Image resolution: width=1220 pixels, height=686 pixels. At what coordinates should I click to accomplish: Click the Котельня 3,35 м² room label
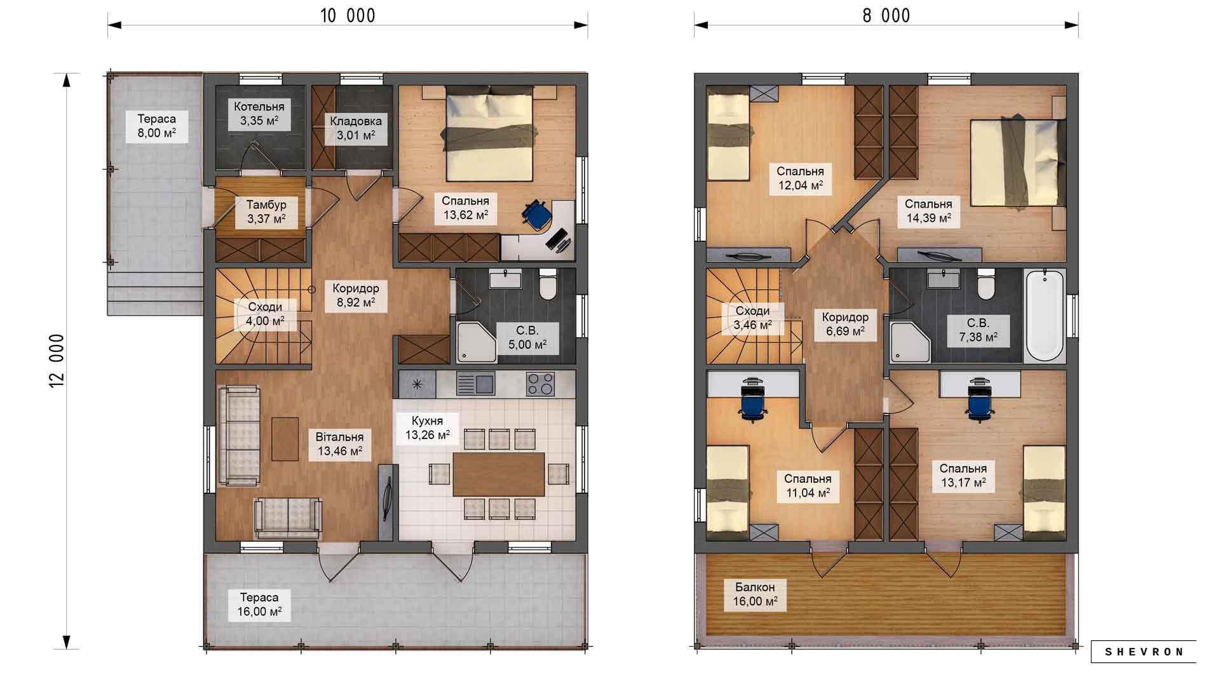click(259, 114)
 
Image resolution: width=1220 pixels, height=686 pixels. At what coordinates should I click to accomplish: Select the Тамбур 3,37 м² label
click(266, 212)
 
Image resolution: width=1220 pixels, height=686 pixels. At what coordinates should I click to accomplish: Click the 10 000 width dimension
click(348, 16)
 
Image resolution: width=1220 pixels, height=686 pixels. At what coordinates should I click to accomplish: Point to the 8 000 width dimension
click(886, 16)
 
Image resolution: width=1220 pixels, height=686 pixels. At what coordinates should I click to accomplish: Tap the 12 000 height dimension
click(58, 361)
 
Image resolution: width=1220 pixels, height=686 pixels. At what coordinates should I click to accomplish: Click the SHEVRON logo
click(1144, 652)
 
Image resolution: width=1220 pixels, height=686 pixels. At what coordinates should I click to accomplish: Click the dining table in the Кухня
click(499, 474)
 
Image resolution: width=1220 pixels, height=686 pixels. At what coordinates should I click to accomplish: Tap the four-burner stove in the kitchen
click(541, 384)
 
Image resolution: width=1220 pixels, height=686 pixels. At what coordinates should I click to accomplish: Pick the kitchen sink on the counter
click(475, 384)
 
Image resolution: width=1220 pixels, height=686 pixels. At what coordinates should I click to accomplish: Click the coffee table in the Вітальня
click(285, 439)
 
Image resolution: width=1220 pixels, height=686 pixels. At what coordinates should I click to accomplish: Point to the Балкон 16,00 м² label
click(756, 594)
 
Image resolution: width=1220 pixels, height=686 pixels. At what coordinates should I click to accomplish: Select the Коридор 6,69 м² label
click(845, 324)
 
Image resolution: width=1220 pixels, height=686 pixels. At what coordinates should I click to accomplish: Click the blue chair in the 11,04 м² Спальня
click(752, 401)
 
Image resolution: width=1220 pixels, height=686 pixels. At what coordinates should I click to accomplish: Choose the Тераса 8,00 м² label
click(157, 126)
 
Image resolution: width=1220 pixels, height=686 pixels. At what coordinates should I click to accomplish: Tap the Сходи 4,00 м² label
click(265, 314)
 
